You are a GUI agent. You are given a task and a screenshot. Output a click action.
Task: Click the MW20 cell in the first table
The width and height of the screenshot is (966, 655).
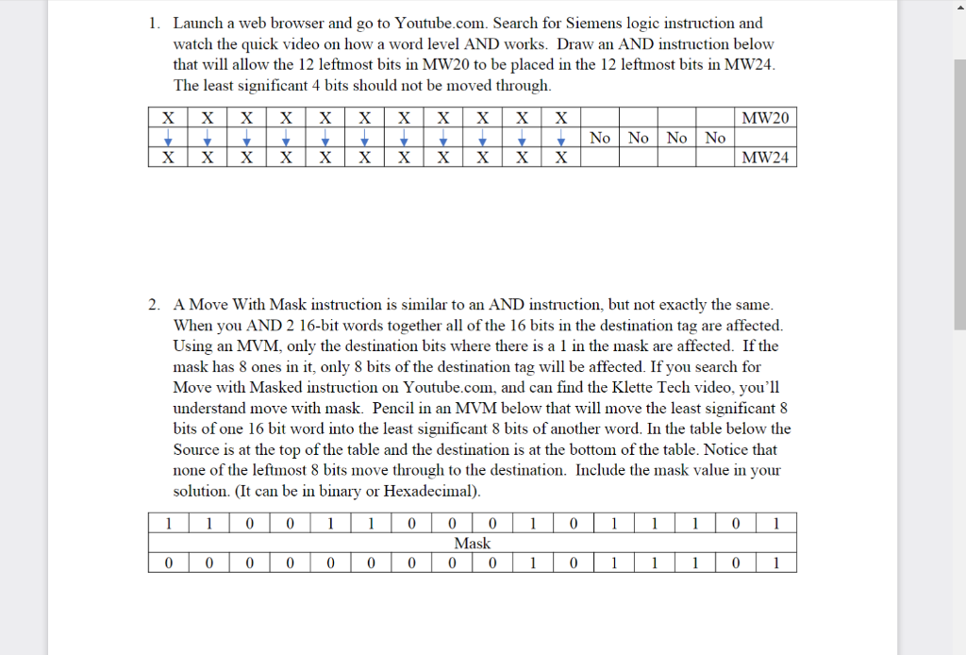click(765, 118)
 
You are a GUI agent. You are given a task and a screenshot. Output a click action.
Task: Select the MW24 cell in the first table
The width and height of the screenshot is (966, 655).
click(765, 158)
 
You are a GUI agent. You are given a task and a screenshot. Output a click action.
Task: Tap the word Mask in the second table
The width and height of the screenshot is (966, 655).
click(472, 543)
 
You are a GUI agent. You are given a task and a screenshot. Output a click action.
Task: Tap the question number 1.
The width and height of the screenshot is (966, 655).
click(154, 23)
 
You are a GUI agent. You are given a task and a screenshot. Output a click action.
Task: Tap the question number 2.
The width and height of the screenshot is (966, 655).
click(154, 304)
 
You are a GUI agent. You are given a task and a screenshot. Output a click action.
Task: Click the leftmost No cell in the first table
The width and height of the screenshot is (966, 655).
click(600, 138)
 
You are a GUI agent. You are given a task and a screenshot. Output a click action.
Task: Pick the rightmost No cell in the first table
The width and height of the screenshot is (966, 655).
click(715, 138)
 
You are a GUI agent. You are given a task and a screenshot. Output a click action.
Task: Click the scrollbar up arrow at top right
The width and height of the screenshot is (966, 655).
click(958, 8)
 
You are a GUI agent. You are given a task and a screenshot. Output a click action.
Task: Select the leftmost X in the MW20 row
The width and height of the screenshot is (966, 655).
click(167, 118)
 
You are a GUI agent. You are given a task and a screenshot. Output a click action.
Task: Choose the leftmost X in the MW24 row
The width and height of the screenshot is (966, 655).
click(167, 158)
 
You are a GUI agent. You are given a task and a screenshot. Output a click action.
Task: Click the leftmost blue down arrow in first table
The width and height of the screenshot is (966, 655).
click(167, 139)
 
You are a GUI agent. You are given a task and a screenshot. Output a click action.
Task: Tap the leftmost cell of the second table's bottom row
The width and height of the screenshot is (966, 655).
click(167, 563)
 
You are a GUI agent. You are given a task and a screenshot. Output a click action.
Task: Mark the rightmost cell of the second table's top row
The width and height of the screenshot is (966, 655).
click(774, 523)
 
